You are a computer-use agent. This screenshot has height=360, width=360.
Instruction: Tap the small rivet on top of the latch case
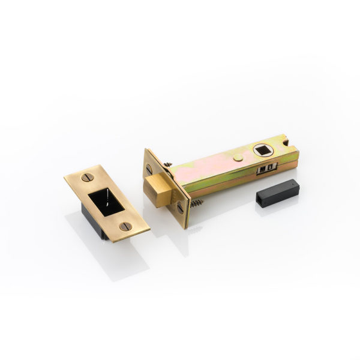(238, 157)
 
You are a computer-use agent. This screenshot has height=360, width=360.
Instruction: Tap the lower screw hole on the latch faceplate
(180, 208)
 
